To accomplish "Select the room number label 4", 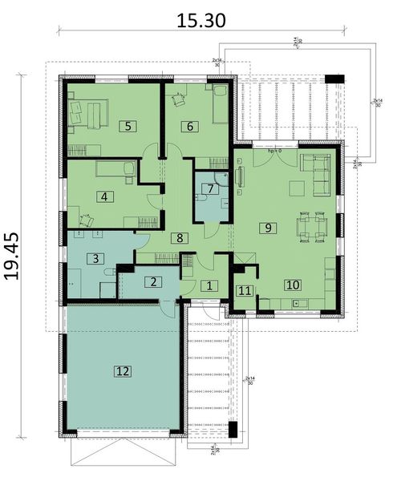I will (x=104, y=196).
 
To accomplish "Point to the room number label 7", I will (x=210, y=189).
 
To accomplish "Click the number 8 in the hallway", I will (x=181, y=237).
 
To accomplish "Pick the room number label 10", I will (x=293, y=285).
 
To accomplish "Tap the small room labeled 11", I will (x=245, y=291).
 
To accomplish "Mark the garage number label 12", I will (x=122, y=370).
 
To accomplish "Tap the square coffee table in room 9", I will (x=297, y=188).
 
